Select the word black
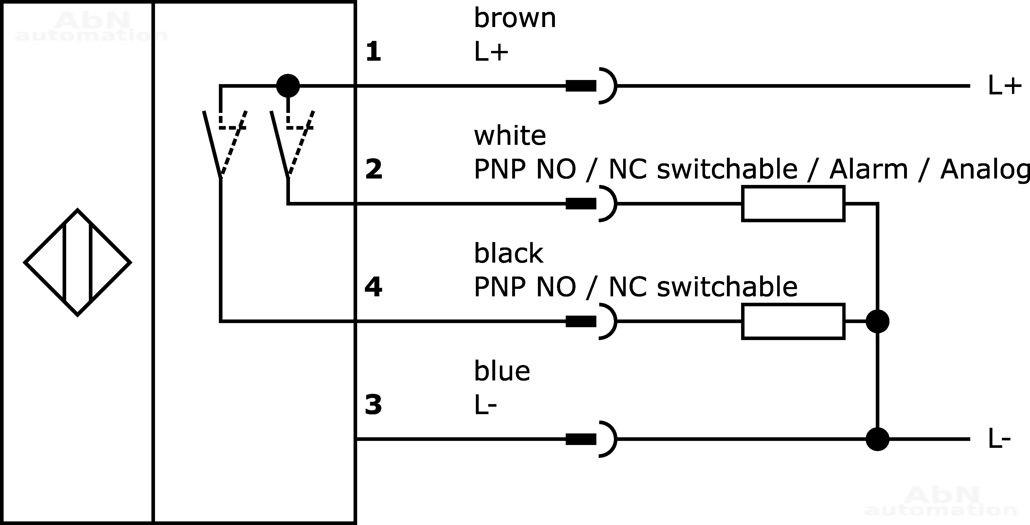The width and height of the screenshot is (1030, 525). (508, 253)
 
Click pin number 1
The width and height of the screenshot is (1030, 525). (373, 52)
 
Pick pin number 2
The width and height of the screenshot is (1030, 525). (373, 170)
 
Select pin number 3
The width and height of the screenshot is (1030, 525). (373, 404)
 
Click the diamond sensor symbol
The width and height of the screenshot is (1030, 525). (78, 262)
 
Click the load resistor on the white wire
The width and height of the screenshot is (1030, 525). (793, 203)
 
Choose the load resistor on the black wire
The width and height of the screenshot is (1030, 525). (793, 321)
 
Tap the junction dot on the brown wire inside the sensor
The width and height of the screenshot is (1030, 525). (288, 85)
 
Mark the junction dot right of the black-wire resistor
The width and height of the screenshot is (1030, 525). (877, 321)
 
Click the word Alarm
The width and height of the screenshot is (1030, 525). (869, 170)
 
